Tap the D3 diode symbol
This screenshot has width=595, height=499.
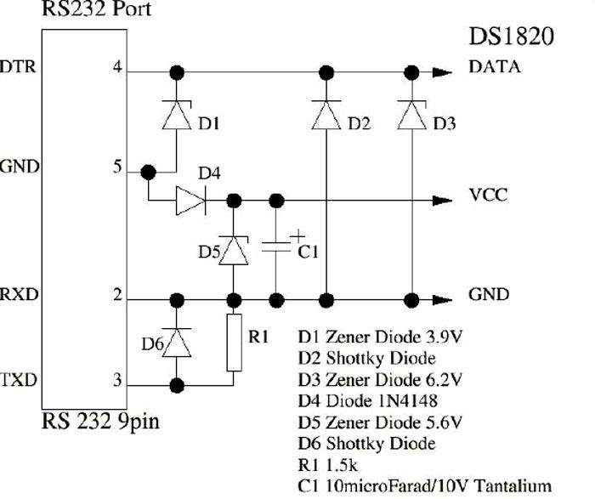pos(412,116)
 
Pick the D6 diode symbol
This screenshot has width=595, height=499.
pos(177,343)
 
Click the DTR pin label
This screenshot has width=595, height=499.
pos(19,66)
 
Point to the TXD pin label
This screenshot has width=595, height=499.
pos(19,378)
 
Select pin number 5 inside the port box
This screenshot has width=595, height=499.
pos(118,167)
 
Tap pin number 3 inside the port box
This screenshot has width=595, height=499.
pos(118,379)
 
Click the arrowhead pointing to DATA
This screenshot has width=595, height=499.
pos(442,72)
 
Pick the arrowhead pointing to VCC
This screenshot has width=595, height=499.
pos(442,201)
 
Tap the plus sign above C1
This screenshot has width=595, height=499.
pos(296,235)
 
